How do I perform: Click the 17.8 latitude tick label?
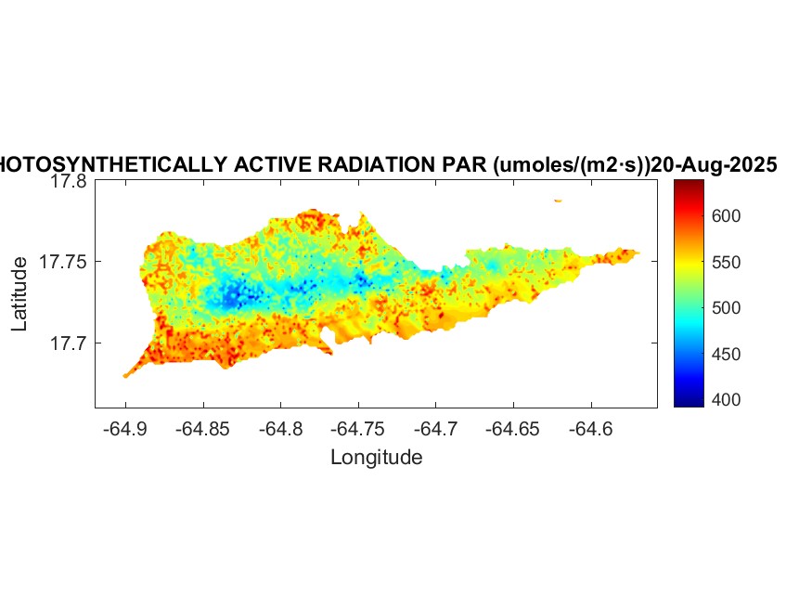coord(68,182)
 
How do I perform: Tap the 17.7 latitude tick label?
coord(68,343)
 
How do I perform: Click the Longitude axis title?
coord(377,457)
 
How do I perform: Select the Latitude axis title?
coord(20,295)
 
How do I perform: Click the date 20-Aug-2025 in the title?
coord(714,165)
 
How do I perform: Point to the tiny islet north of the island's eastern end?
coord(558,200)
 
